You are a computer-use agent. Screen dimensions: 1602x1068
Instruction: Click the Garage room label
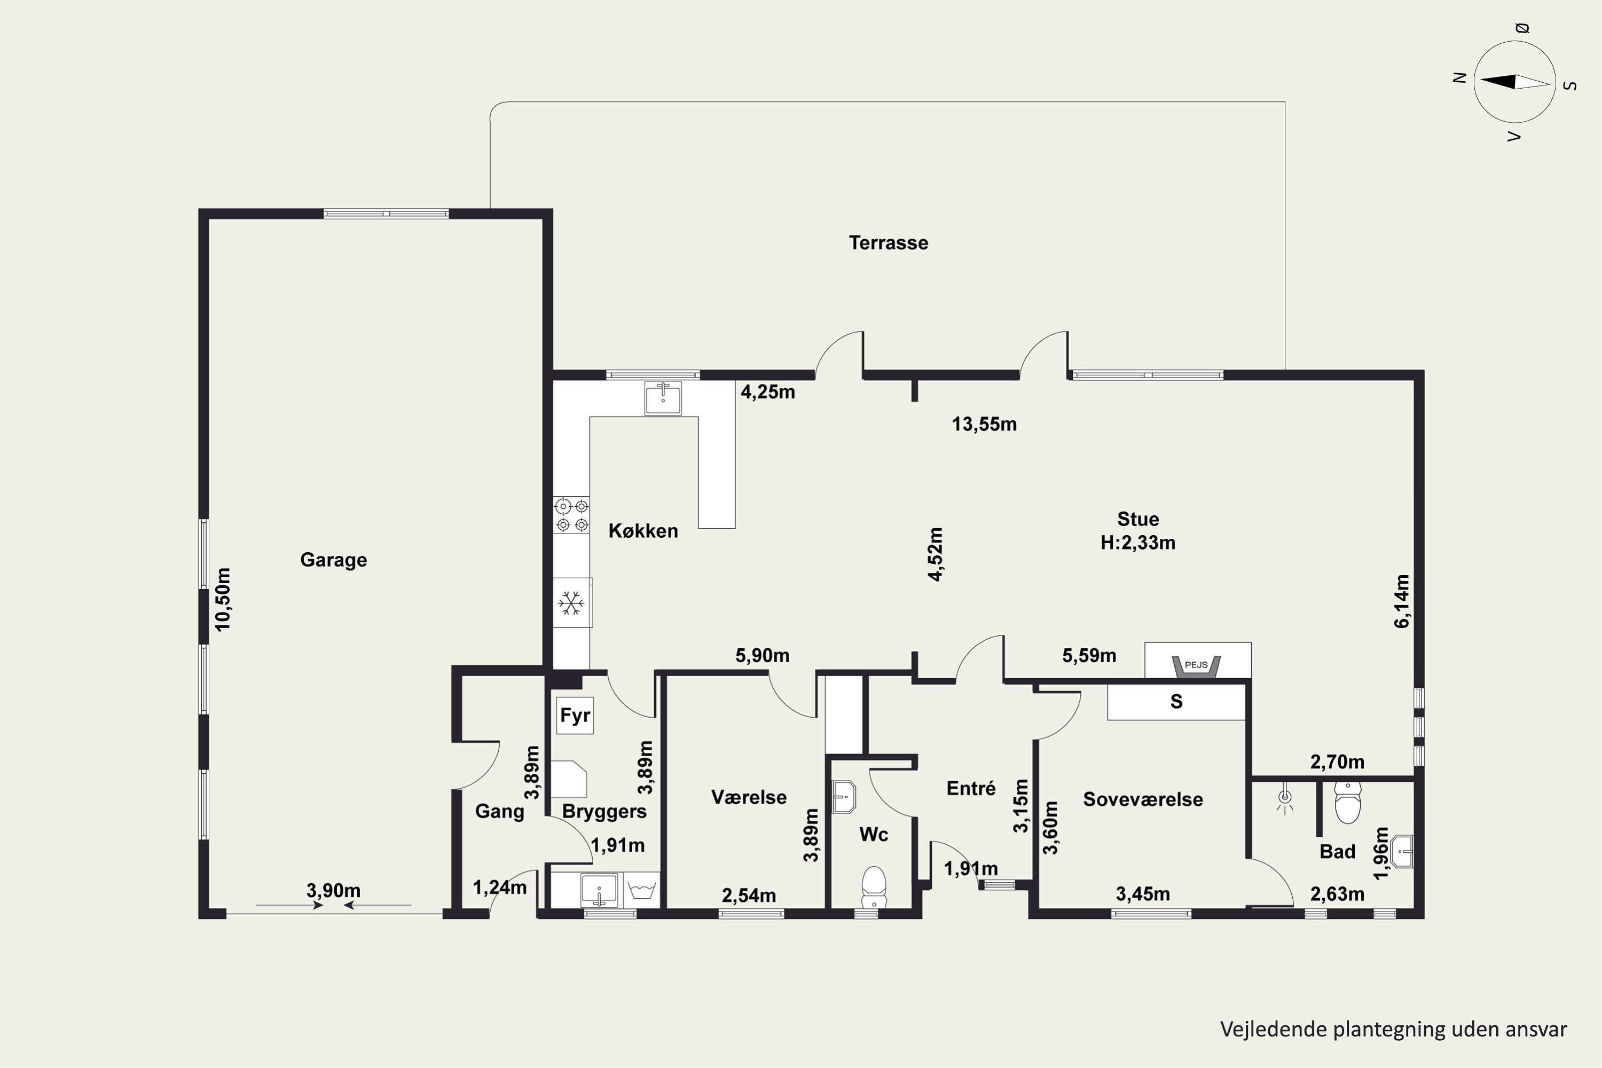(333, 560)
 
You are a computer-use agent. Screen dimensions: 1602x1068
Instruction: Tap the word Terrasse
(888, 242)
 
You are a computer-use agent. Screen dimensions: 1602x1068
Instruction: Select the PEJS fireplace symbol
(1196, 667)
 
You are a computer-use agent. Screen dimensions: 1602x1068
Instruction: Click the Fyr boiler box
(575, 715)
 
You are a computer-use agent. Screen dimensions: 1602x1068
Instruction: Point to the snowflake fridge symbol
(571, 603)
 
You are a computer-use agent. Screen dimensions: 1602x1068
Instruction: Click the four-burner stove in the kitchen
(571, 515)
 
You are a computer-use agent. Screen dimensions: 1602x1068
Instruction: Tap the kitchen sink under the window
(663, 398)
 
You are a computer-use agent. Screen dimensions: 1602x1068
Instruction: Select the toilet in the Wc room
(874, 887)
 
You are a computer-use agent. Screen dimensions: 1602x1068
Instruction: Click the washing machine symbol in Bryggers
(641, 890)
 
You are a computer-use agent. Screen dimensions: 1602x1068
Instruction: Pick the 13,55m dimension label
(984, 425)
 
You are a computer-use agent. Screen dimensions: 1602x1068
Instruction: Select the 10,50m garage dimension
(223, 599)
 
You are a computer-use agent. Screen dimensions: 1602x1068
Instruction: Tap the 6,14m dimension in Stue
(1402, 601)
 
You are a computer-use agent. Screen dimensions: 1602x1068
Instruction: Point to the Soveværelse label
(1143, 799)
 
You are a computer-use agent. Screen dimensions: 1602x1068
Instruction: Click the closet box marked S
(1176, 702)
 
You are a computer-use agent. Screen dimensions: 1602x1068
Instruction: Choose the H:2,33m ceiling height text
(1138, 543)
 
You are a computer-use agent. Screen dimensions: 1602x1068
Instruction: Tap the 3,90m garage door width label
(333, 890)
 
